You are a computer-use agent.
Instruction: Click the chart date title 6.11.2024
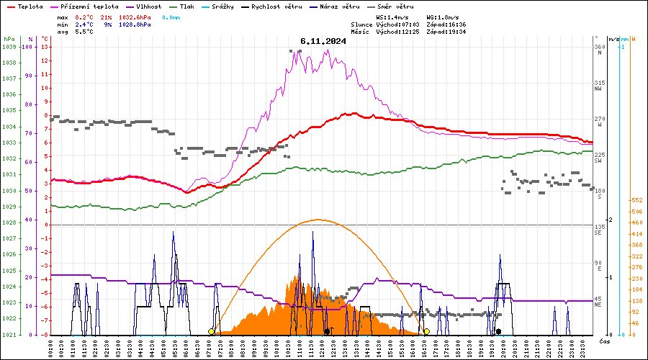pos(323,41)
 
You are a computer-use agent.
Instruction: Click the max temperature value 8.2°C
pos(84,17)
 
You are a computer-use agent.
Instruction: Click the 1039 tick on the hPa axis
pos(9,47)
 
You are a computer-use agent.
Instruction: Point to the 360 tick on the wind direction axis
pos(599,47)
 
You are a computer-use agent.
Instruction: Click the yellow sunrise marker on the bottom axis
pos(211,331)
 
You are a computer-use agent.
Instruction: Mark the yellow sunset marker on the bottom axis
pos(426,331)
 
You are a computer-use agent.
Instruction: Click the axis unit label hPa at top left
pos(9,39)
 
